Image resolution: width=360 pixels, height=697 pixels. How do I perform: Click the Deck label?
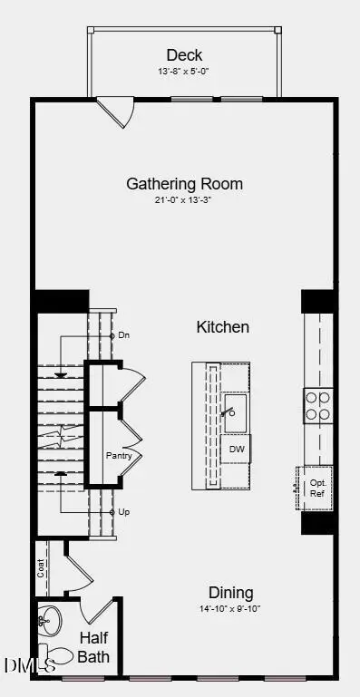(184, 55)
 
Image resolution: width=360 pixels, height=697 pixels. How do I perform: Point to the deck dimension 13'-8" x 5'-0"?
(184, 71)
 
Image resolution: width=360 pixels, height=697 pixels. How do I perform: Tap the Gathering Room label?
(184, 184)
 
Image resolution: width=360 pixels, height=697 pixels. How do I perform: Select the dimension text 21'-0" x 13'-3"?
(184, 200)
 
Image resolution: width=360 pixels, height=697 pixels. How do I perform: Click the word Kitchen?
(222, 327)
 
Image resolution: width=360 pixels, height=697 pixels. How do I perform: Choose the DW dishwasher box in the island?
(236, 449)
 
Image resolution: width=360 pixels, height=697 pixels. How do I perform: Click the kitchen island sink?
(235, 413)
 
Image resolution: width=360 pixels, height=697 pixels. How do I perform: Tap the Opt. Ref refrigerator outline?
(316, 488)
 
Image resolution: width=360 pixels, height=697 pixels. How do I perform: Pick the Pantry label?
(119, 456)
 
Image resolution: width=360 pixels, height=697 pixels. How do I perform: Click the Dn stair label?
(125, 335)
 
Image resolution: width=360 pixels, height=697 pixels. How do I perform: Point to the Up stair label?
(124, 512)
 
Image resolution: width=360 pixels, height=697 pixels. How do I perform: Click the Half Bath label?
(93, 647)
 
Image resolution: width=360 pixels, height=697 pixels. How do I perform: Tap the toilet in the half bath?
(59, 655)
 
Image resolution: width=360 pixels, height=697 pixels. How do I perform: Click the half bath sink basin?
(51, 622)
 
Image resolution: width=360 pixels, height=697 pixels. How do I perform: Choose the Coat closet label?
(42, 567)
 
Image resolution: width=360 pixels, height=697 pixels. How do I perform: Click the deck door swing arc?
(118, 112)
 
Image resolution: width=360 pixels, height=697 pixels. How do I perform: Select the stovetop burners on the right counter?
(318, 405)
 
